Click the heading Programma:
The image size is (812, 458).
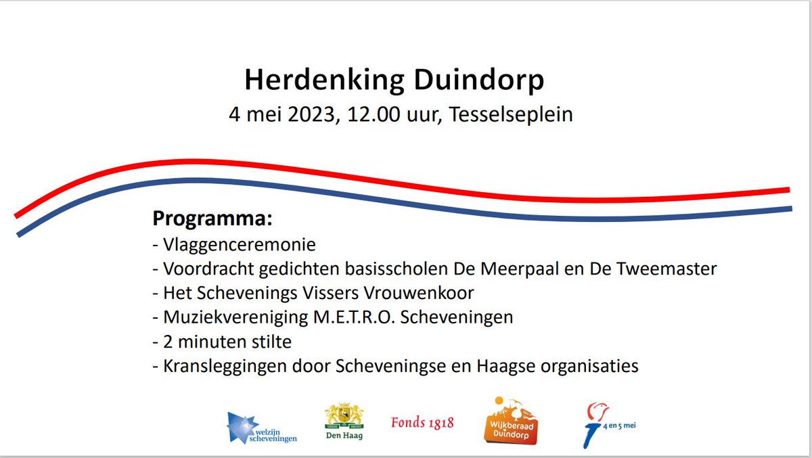(x=212, y=219)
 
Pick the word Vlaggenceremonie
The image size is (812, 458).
(x=240, y=244)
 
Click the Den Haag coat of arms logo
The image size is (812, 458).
(x=344, y=423)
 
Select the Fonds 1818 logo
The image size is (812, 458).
(x=422, y=423)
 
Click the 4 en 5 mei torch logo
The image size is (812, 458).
(x=607, y=425)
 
